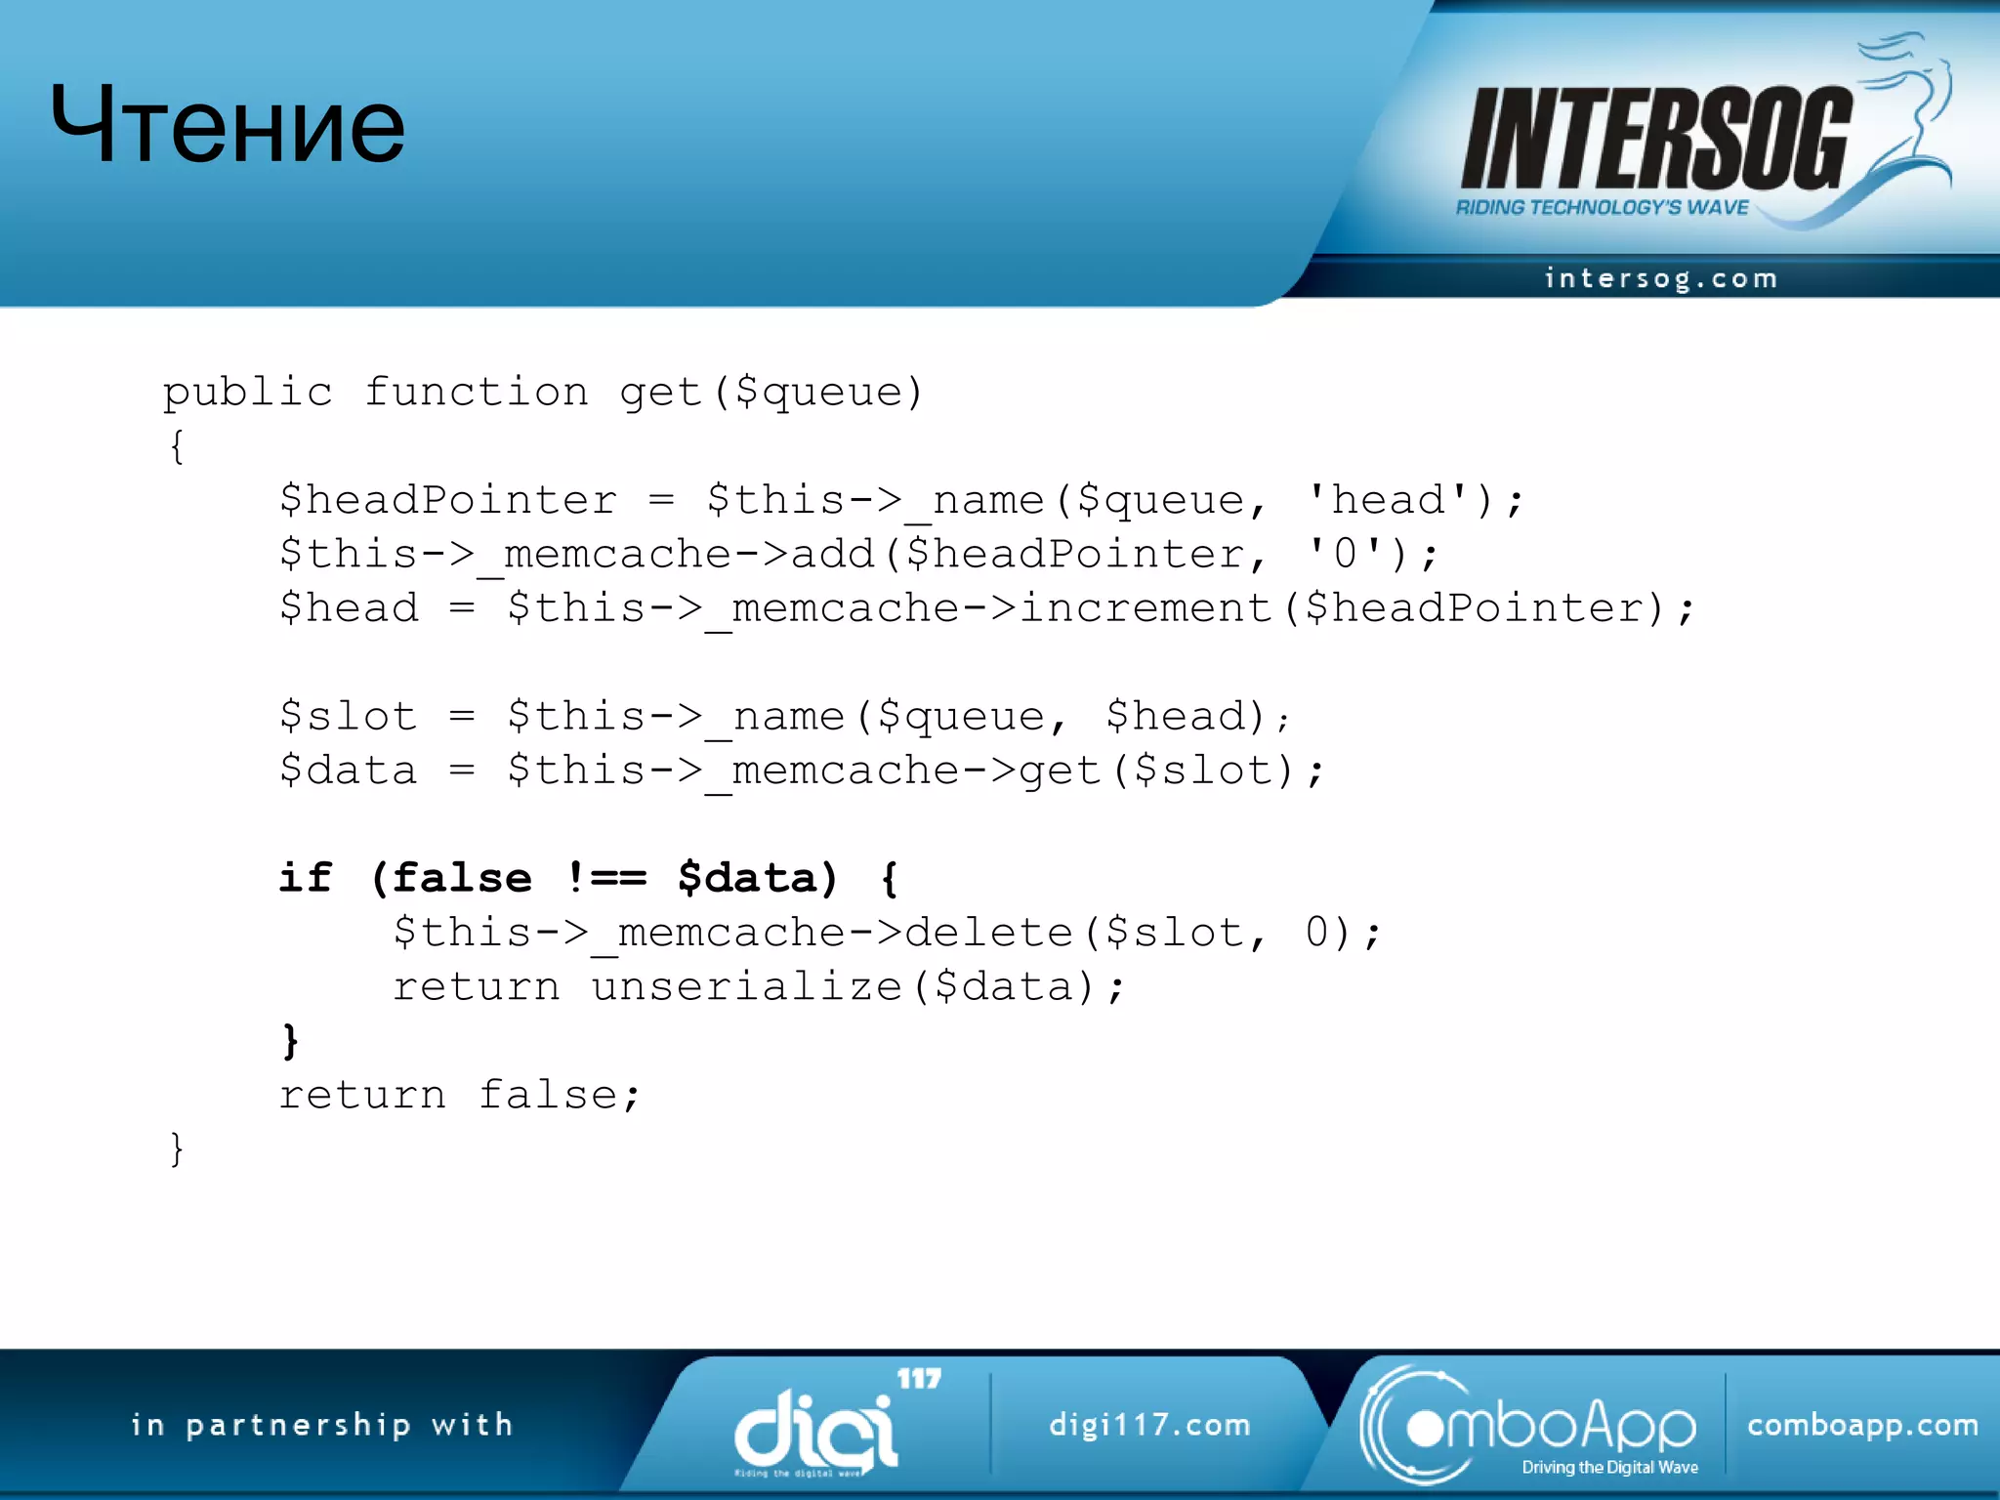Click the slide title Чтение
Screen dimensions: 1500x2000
tap(228, 125)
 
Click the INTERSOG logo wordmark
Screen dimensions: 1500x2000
tap(1655, 139)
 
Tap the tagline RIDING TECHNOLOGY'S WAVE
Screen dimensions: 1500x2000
tap(1602, 207)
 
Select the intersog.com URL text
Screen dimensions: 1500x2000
tap(1660, 279)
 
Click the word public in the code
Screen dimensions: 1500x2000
tap(248, 393)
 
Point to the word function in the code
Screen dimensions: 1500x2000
tap(477, 393)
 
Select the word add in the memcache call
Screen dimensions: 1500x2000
tap(832, 555)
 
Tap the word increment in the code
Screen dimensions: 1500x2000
tap(1145, 608)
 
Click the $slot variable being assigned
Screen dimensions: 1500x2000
tap(348, 717)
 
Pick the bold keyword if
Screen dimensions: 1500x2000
tap(306, 878)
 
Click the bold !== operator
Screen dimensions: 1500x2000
tap(605, 878)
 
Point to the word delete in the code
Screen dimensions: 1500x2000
tap(988, 933)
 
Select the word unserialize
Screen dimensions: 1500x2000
tap(747, 986)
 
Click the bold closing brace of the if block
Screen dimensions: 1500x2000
tap(290, 1041)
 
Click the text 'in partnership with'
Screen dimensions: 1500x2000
tap(322, 1425)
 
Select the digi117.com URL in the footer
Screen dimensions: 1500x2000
tap(1149, 1425)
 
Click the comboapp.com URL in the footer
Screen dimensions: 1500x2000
tap(1862, 1425)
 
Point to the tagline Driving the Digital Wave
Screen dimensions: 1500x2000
tap(1609, 1467)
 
